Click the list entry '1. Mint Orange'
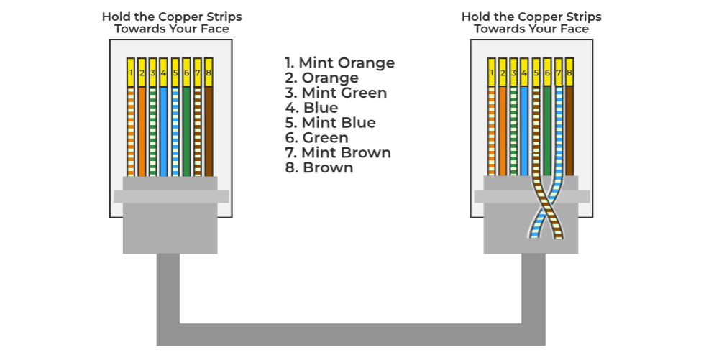339,63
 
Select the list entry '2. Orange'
321,78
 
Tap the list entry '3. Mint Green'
336,93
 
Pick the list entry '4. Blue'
311,108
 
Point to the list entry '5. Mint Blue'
330,123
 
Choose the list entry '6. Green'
316,138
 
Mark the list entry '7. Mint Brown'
338,153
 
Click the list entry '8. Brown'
319,168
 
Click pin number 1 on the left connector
131,73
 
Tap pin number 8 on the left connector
209,73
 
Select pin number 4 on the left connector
164,73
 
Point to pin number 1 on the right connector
492,73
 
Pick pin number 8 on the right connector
569,73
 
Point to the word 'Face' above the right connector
574,29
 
